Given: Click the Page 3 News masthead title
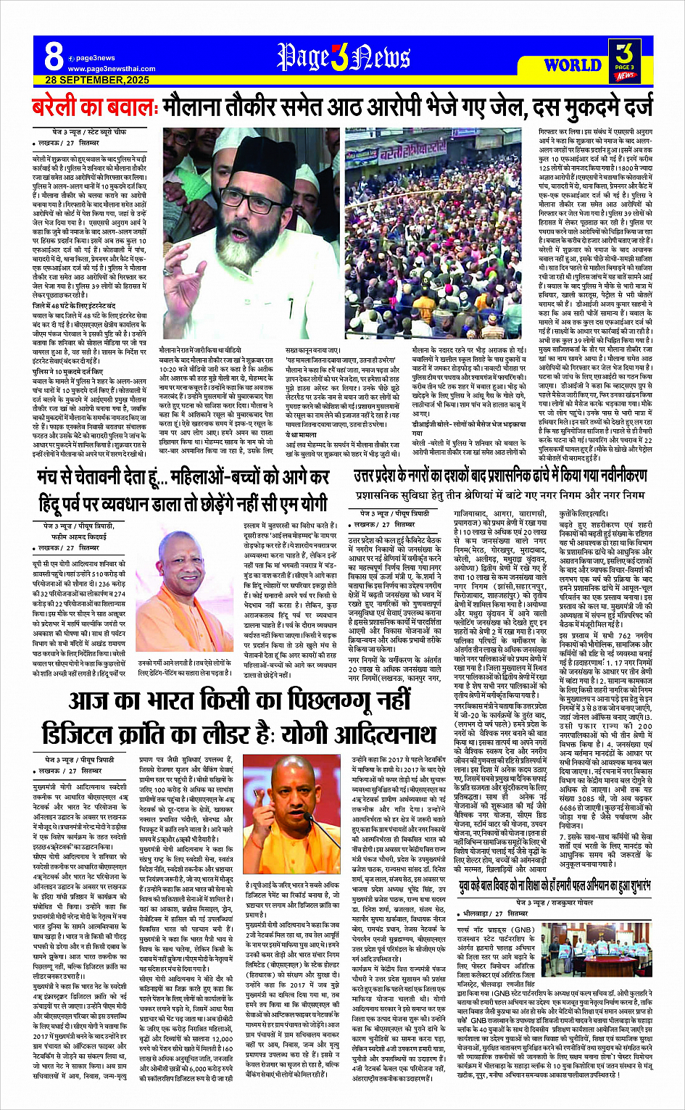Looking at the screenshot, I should click(x=342, y=57).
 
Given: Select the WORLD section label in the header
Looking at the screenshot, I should click(x=572, y=65).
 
